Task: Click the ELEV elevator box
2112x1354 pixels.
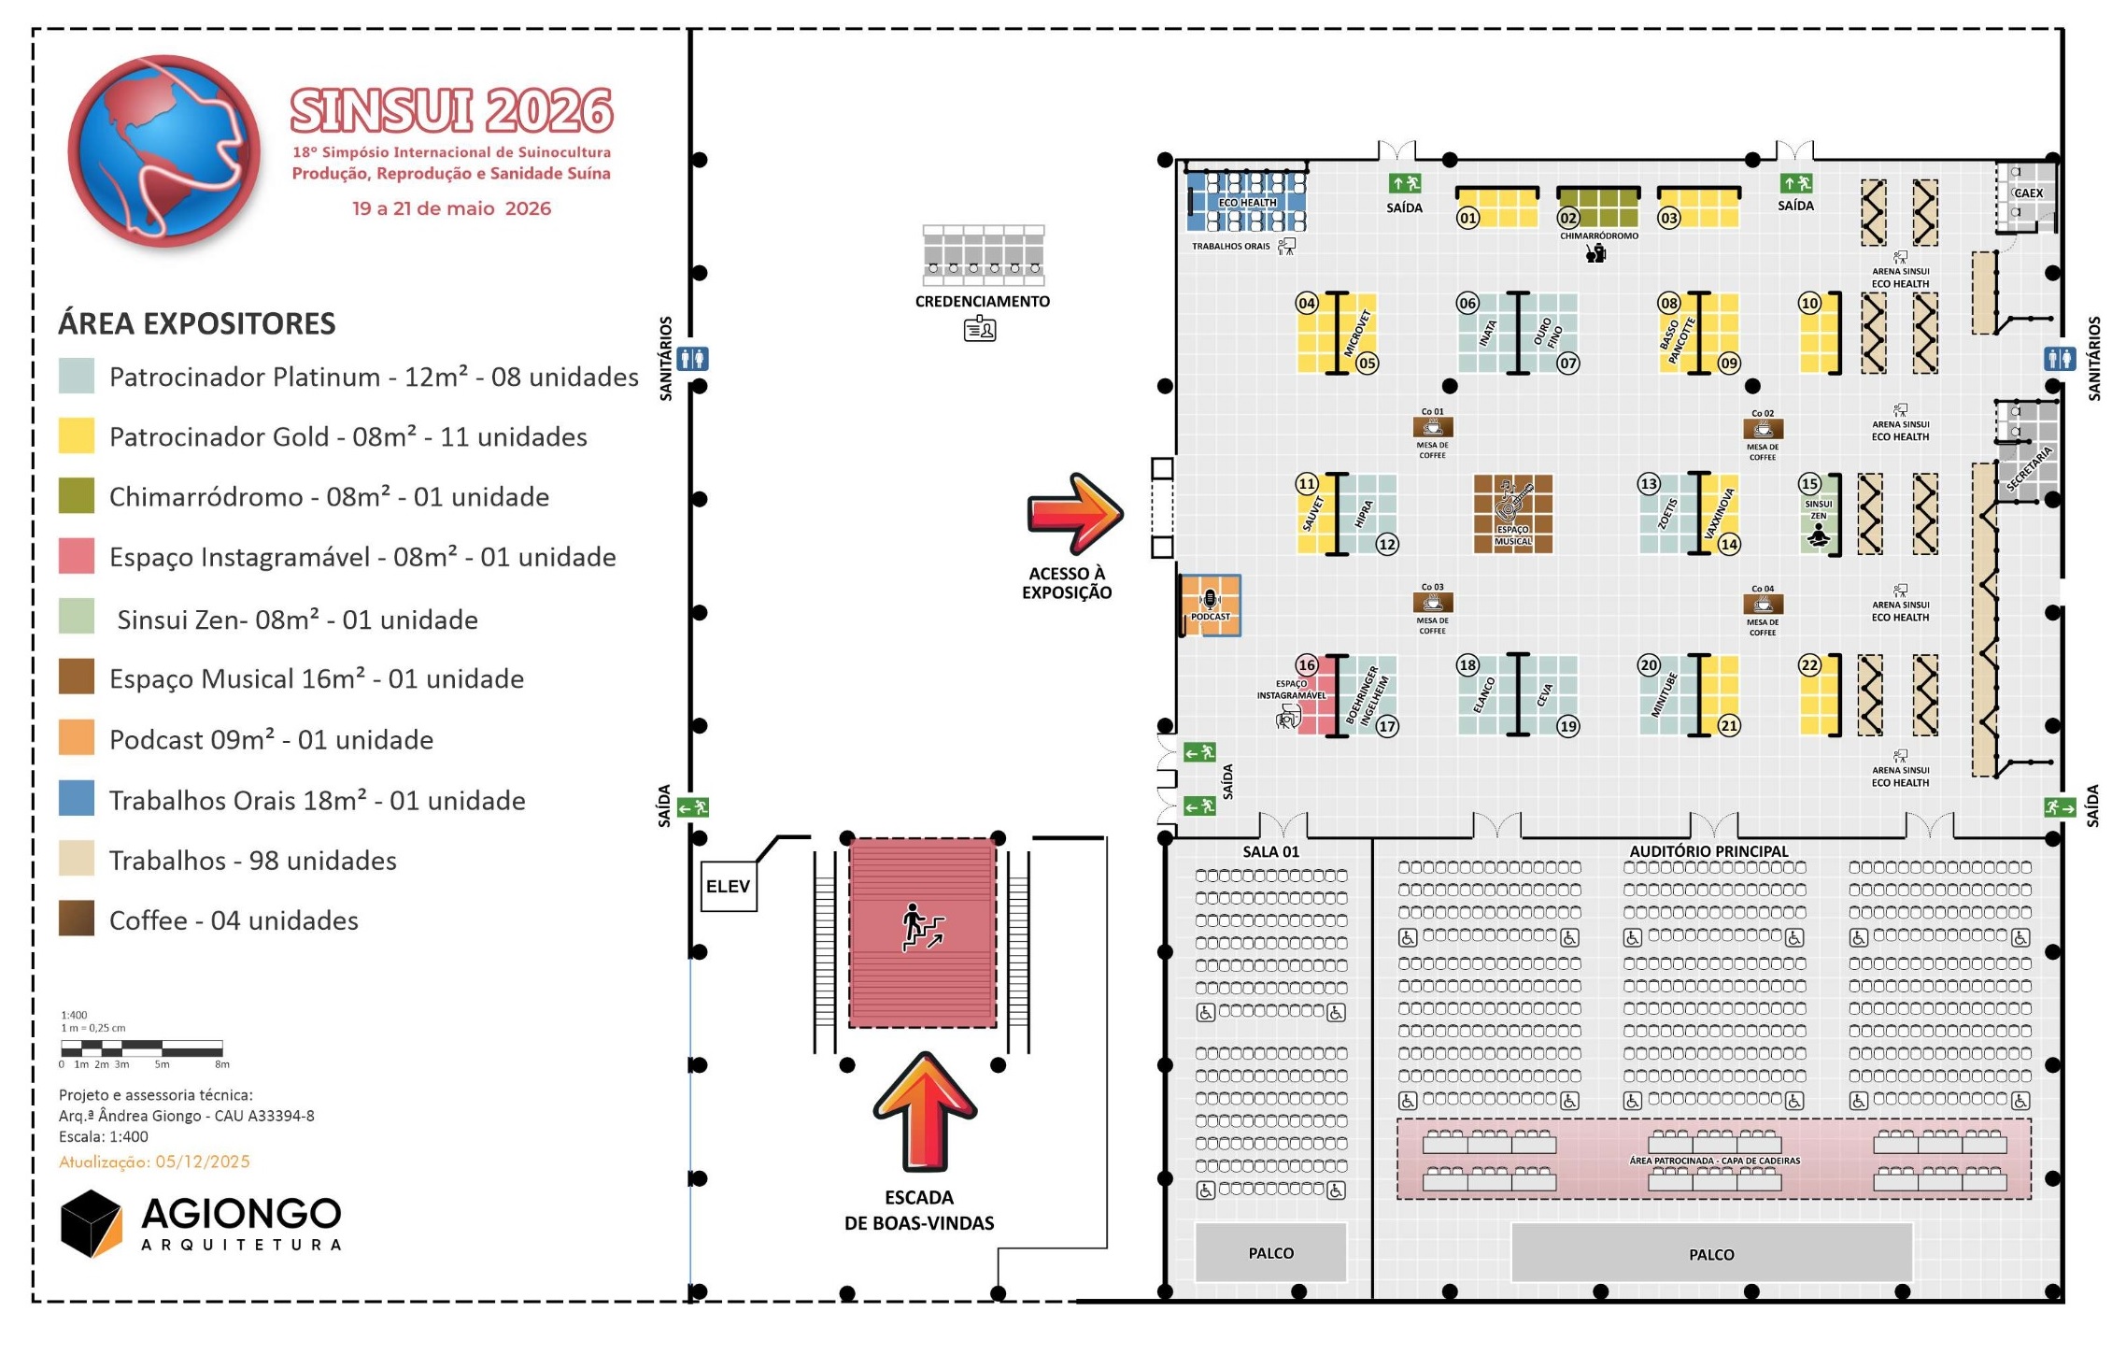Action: (x=728, y=886)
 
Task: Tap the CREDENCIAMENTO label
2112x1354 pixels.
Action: (x=982, y=301)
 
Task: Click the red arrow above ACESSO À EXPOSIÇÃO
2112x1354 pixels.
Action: (x=1074, y=513)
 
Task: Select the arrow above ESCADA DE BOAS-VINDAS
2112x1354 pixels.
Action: (x=925, y=1111)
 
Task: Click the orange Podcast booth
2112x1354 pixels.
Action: (x=1211, y=606)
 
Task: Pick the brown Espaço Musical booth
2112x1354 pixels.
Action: (x=1512, y=513)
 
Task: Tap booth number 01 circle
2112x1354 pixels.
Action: (x=1467, y=219)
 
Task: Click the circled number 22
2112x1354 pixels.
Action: (x=1809, y=665)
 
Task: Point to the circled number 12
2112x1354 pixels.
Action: (x=1387, y=544)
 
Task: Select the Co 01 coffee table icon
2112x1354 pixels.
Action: (x=1432, y=428)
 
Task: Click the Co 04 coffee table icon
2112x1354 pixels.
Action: (x=1763, y=605)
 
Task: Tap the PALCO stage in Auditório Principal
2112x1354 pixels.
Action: (x=1710, y=1253)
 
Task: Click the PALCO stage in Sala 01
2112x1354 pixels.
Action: (x=1270, y=1252)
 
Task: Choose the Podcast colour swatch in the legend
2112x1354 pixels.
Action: (x=77, y=737)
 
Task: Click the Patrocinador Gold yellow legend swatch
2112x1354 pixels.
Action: (x=77, y=435)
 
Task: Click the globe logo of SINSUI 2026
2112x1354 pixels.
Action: (x=164, y=150)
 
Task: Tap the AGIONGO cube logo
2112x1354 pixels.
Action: (x=92, y=1223)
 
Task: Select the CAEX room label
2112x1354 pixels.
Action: (x=2028, y=193)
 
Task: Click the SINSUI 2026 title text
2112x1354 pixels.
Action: (x=451, y=111)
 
